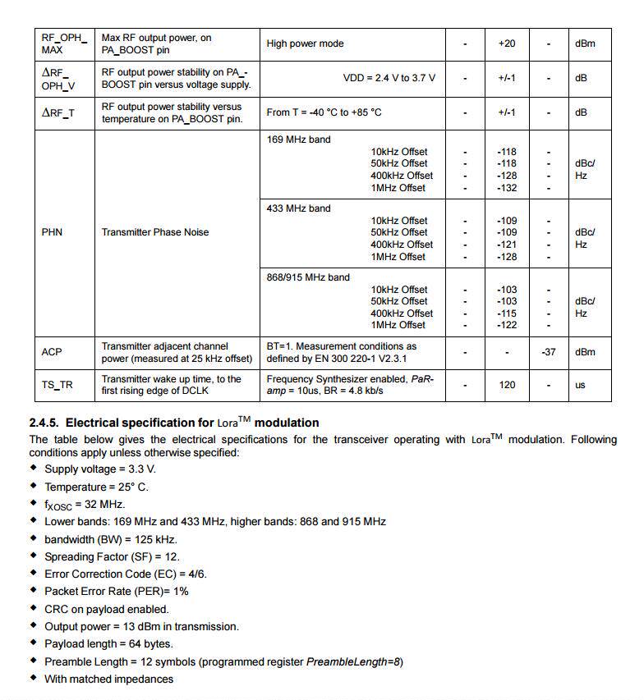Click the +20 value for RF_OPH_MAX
click(507, 43)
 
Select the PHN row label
click(52, 232)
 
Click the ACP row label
click(52, 352)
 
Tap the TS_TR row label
click(57, 385)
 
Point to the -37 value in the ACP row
click(549, 352)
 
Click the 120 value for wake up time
click(507, 385)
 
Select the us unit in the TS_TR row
click(581, 385)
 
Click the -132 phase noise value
click(507, 188)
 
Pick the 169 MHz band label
click(299, 140)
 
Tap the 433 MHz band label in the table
click(299, 208)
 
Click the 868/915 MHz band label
click(308, 277)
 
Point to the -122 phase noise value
click(507, 326)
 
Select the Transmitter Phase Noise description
click(155, 232)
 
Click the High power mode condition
click(306, 43)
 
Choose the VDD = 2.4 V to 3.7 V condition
click(389, 78)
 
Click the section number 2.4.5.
click(44, 423)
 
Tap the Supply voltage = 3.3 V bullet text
click(100, 469)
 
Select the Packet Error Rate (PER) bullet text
click(117, 591)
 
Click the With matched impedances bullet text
click(109, 679)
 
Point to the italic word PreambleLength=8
click(354, 661)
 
